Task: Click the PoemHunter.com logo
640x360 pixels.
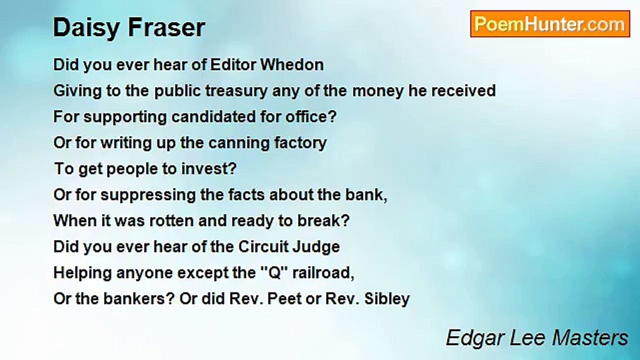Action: click(x=550, y=24)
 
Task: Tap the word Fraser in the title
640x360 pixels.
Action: click(x=166, y=27)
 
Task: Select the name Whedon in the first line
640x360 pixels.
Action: click(x=292, y=65)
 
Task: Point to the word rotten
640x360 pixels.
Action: click(x=173, y=221)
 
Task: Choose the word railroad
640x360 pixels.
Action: click(x=323, y=273)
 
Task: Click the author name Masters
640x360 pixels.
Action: click(x=590, y=338)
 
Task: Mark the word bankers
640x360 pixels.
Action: click(x=139, y=299)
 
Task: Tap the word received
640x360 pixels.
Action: click(x=463, y=91)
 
